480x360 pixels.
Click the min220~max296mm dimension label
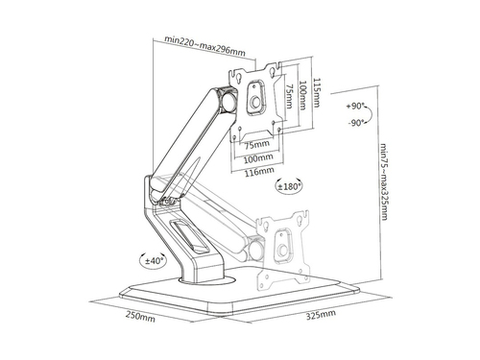pyautogui.click(x=205, y=45)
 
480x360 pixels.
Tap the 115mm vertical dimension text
pyautogui.click(x=316, y=93)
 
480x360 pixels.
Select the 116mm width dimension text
pyautogui.click(x=259, y=172)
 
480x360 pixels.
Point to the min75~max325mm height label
pyautogui.click(x=384, y=181)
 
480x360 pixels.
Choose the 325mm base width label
pyautogui.click(x=321, y=314)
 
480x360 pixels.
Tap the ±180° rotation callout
pyautogui.click(x=288, y=186)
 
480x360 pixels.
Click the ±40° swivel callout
pyautogui.click(x=153, y=260)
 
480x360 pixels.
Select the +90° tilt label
pyautogui.click(x=355, y=106)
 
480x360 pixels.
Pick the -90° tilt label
pyautogui.click(x=356, y=123)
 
